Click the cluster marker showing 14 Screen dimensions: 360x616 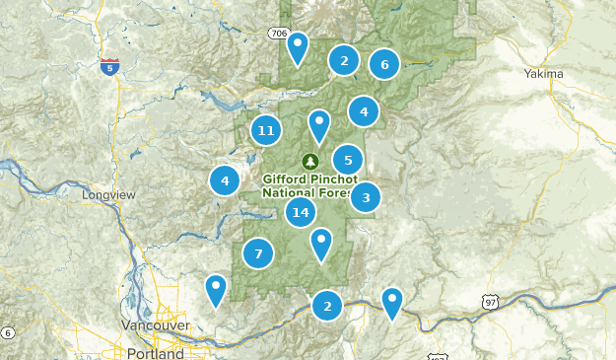[302, 212]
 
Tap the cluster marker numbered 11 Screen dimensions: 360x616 [265, 130]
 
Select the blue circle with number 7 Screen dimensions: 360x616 [258, 253]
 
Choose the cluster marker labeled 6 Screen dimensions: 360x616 [384, 65]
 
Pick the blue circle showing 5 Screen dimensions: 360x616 [348, 160]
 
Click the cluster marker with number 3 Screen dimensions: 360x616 [366, 197]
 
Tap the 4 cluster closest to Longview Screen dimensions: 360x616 [225, 180]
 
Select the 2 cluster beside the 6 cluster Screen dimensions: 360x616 [343, 61]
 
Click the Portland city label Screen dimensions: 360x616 [155, 352]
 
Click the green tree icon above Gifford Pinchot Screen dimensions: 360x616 [311, 161]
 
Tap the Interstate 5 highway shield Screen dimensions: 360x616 [110, 67]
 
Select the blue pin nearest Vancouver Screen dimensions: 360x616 [216, 290]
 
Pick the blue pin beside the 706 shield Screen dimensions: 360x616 [297, 48]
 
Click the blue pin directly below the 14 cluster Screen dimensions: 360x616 [321, 244]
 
